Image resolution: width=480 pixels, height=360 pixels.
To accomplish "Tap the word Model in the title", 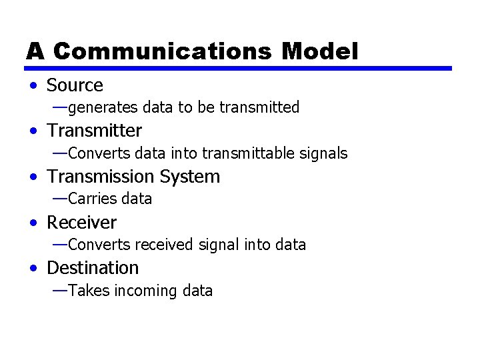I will tap(320, 51).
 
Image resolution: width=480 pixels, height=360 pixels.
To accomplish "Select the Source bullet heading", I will tap(75, 85).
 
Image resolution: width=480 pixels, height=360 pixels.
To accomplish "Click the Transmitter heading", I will tap(94, 131).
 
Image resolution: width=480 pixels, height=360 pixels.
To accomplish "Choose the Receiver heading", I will tap(81, 223).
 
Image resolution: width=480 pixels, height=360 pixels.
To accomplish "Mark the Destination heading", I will tap(93, 268).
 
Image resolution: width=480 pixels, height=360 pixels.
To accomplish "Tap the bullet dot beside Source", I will tap(33, 86).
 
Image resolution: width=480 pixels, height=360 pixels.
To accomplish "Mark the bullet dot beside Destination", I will tap(33, 269).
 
